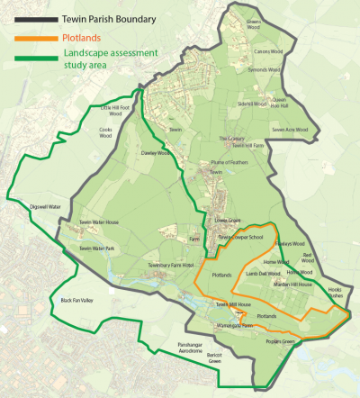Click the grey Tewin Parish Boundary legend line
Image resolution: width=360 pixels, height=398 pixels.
(x=30, y=18)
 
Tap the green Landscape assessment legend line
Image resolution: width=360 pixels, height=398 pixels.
(x=30, y=59)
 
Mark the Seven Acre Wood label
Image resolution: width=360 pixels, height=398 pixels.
(x=290, y=129)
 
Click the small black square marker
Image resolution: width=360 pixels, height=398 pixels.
(x=112, y=291)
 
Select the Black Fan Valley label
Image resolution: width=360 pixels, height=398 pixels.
(x=76, y=300)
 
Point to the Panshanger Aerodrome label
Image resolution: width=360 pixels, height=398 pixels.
(x=199, y=348)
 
